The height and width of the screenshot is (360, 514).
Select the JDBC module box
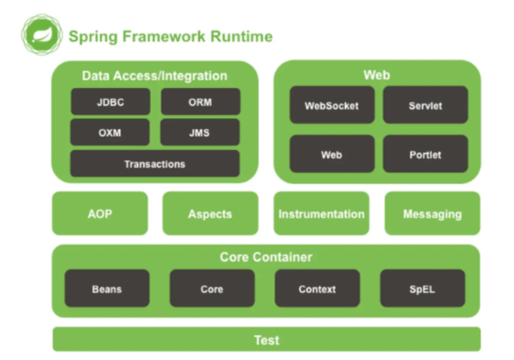110,102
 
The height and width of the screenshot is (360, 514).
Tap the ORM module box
200,102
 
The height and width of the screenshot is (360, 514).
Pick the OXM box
110,133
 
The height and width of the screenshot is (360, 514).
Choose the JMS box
200,133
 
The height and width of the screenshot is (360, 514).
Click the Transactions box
155,164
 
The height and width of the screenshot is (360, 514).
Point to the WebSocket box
332,105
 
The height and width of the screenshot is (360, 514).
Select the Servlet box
425,105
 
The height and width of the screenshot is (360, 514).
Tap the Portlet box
425,155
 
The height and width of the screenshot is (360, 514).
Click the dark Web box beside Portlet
332,155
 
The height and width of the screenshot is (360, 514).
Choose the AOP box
99,214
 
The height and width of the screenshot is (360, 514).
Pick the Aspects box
210,214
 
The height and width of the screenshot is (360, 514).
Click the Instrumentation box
321,214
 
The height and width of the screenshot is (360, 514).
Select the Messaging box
432,214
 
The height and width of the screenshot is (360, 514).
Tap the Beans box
107,289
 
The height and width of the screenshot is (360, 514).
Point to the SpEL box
422,289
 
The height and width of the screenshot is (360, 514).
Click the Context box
317,289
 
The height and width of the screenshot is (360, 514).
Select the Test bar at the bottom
266,339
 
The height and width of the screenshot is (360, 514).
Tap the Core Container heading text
266,257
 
